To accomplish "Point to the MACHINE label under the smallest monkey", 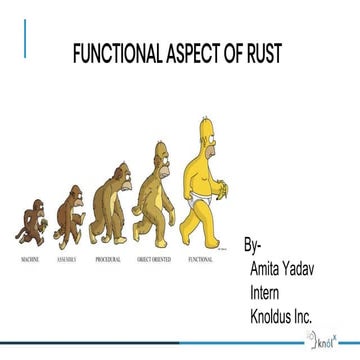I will coord(30,258).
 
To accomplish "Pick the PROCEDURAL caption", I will coord(108,258).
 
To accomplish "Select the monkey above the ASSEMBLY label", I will coord(70,215).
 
